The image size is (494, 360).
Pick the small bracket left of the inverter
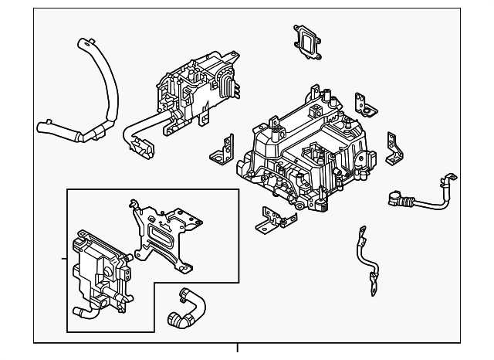222,148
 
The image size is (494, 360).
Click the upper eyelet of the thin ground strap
361,232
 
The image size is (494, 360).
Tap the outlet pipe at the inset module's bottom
86,312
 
